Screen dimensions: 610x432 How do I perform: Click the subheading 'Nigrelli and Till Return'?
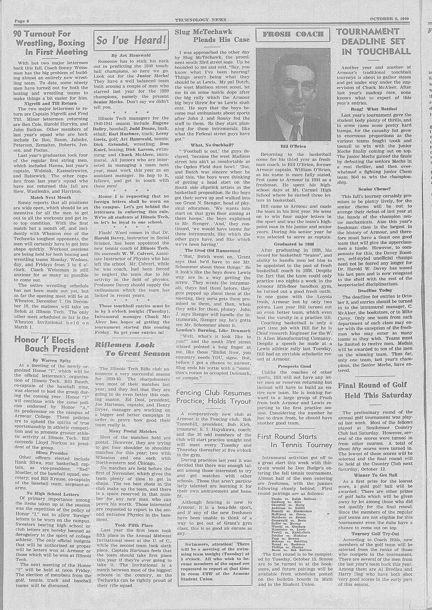click(x=50, y=103)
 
